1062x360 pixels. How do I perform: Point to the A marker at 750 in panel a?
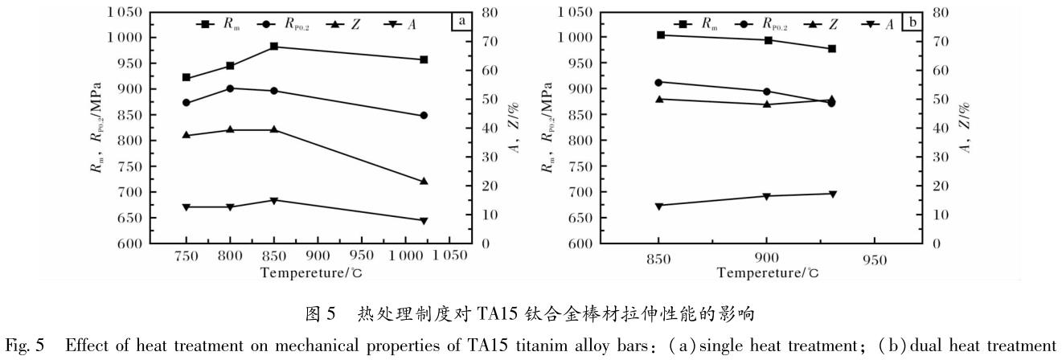tap(187, 207)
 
